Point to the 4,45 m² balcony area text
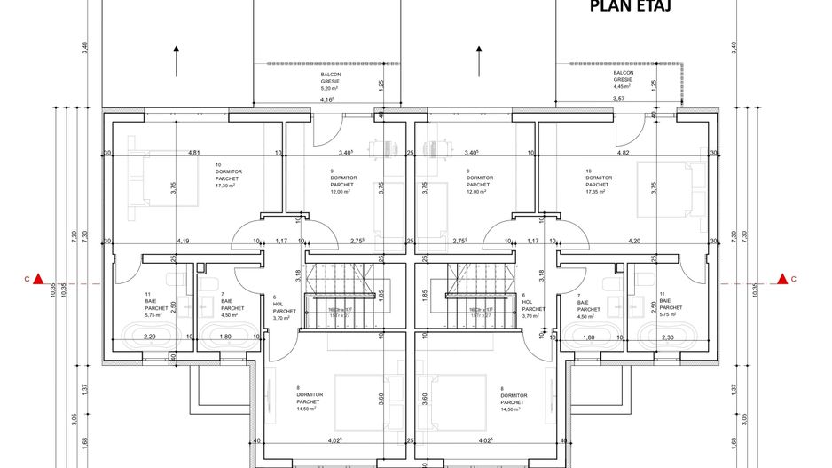622,86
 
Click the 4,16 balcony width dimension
327,99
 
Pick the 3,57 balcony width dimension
618,99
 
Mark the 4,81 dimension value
194,153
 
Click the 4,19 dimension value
183,241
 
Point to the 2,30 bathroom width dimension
667,337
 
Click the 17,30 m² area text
226,186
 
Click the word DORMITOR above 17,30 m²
229,171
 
